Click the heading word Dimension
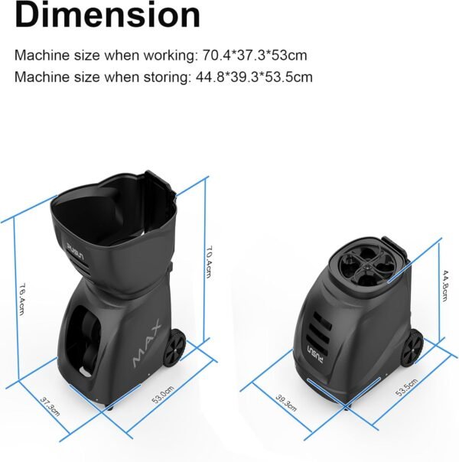point(108,15)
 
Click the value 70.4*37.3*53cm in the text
point(255,55)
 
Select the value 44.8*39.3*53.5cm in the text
point(254,77)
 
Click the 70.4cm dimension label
point(209,262)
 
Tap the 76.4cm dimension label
point(21,299)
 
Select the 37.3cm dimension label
point(50,407)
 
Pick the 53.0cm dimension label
point(163,394)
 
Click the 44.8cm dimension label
point(444,285)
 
